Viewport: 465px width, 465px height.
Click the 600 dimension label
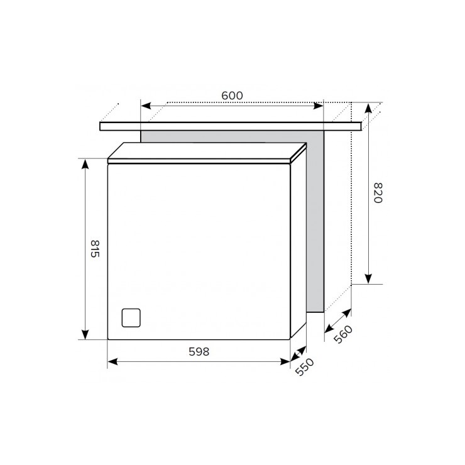tap(232, 96)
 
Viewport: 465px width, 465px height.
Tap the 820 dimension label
tap(378, 193)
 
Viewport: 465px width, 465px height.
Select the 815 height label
tap(95, 248)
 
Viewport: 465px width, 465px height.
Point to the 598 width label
tap(199, 351)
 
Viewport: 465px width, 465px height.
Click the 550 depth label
tap(305, 367)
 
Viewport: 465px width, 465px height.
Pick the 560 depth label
tap(343, 334)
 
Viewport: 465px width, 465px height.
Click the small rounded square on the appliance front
tap(131, 317)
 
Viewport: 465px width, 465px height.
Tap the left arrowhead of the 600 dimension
tap(146, 106)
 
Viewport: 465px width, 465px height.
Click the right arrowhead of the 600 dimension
tap(319, 106)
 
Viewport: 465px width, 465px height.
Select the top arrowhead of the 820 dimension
tap(368, 108)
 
